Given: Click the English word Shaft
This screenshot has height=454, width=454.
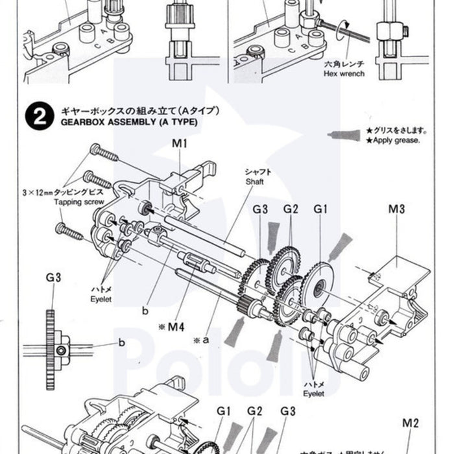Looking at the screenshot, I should [x=254, y=182].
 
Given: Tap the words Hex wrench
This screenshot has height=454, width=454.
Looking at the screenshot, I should [x=343, y=74].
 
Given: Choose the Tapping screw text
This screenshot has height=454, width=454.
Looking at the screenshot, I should [x=79, y=202].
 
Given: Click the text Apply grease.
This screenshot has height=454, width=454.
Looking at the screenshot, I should [x=393, y=140].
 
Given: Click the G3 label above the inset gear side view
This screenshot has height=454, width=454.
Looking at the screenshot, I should [x=53, y=278].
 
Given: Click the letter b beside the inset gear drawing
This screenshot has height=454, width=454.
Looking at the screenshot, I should [x=121, y=342].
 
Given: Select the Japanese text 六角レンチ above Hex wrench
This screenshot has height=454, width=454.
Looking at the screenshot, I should [x=342, y=65].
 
